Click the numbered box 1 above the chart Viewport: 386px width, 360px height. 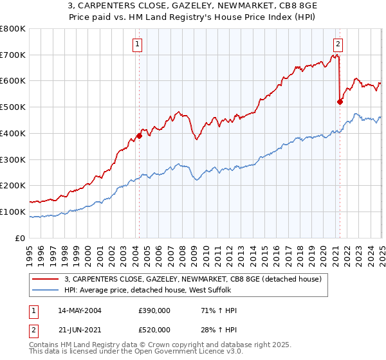(138, 44)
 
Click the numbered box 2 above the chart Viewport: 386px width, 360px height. (338, 44)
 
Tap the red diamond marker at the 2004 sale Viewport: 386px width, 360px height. (139, 136)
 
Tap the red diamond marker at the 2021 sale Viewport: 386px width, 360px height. (340, 101)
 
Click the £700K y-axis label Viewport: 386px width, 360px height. (13, 55)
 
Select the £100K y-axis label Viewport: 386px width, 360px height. (13, 212)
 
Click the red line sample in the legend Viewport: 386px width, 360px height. (46, 279)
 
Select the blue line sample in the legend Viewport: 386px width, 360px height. (46, 291)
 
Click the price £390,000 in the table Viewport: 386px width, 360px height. (155, 310)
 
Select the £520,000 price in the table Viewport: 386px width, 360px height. (155, 330)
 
